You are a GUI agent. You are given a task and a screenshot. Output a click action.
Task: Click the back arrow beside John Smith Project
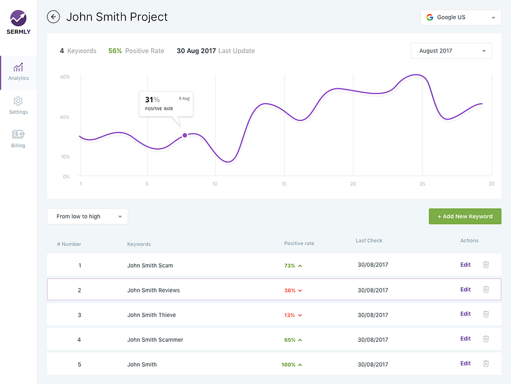pos(54,17)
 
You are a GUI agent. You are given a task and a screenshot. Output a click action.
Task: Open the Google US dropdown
pos(460,17)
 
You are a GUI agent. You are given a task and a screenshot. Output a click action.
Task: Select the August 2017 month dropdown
pos(451,51)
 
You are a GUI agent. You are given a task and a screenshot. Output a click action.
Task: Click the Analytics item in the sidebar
pos(18,72)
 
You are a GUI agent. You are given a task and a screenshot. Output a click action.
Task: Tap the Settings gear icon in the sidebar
pos(18,101)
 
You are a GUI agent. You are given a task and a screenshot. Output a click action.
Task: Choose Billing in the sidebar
pos(18,134)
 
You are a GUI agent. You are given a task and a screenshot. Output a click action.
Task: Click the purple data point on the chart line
pos(185,135)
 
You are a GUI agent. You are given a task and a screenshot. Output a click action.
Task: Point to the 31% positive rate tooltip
pos(166,104)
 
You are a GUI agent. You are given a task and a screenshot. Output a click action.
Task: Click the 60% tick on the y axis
pos(65,77)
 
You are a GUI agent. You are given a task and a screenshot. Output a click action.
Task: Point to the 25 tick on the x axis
pos(422,184)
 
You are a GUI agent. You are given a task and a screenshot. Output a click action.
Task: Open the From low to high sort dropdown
pos(87,216)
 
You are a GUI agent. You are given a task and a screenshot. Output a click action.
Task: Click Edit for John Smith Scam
pos(466,265)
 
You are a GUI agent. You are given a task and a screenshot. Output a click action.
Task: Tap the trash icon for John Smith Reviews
pos(486,290)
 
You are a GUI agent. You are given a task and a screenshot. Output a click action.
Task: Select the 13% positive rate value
pos(289,315)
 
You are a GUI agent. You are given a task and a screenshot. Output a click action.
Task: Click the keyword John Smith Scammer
pos(155,340)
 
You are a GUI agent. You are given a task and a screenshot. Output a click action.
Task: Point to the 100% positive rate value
pos(288,365)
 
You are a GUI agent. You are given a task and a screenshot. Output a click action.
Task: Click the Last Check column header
pos(369,241)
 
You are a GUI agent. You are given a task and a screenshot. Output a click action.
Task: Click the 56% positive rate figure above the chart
pos(115,51)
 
